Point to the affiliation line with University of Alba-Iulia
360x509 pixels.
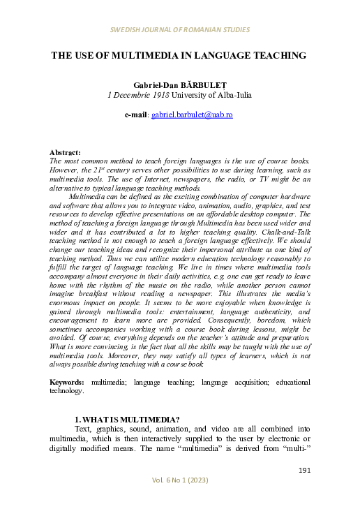point(180,94)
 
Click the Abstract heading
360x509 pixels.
point(65,152)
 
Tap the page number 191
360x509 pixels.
point(303,471)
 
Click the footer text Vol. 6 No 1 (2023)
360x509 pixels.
point(179,481)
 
